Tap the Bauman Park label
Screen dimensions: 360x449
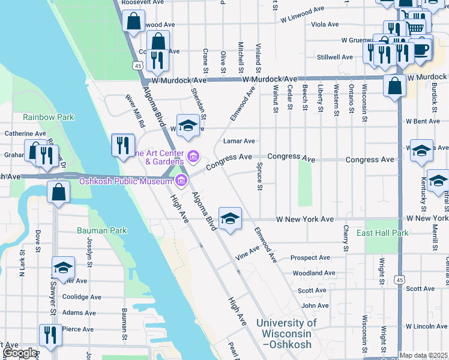click(x=101, y=230)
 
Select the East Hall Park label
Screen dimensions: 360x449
click(x=382, y=233)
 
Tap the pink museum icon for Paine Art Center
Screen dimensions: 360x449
click(x=193, y=157)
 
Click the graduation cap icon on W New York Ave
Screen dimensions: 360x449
click(x=229, y=218)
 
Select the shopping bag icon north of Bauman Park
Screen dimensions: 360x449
click(x=58, y=193)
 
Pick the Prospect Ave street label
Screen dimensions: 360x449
click(x=310, y=258)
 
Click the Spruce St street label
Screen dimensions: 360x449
click(x=260, y=176)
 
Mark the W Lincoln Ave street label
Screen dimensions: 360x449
click(x=426, y=326)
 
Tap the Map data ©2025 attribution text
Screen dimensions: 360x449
click(x=423, y=355)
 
